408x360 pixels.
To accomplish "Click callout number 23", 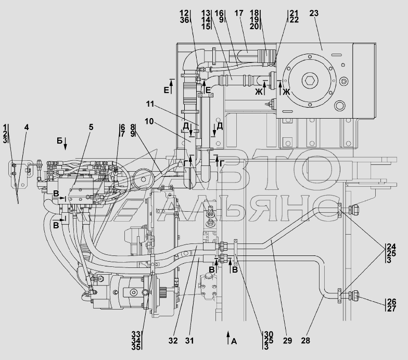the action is [314, 13].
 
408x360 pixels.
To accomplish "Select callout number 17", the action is [238, 13].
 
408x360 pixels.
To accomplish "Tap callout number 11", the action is [150, 104].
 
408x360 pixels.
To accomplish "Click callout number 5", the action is [91, 127].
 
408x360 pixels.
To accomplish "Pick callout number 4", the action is [26, 127].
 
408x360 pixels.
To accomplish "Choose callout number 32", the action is [173, 340].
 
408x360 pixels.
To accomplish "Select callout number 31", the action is [189, 340].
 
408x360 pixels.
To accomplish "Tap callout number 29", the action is [287, 340].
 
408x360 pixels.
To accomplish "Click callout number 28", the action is [305, 340].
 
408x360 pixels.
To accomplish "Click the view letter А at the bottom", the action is [234, 341].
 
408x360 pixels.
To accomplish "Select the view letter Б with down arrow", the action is [59, 140].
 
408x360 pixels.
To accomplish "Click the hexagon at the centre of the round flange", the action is [309, 80].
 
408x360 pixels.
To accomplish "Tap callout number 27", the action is [391, 308].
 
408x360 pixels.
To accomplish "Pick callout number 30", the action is [269, 334].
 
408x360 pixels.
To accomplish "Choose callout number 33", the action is [136, 334].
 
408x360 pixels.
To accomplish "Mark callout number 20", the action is [254, 26].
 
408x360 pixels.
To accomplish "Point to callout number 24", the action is [391, 247].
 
